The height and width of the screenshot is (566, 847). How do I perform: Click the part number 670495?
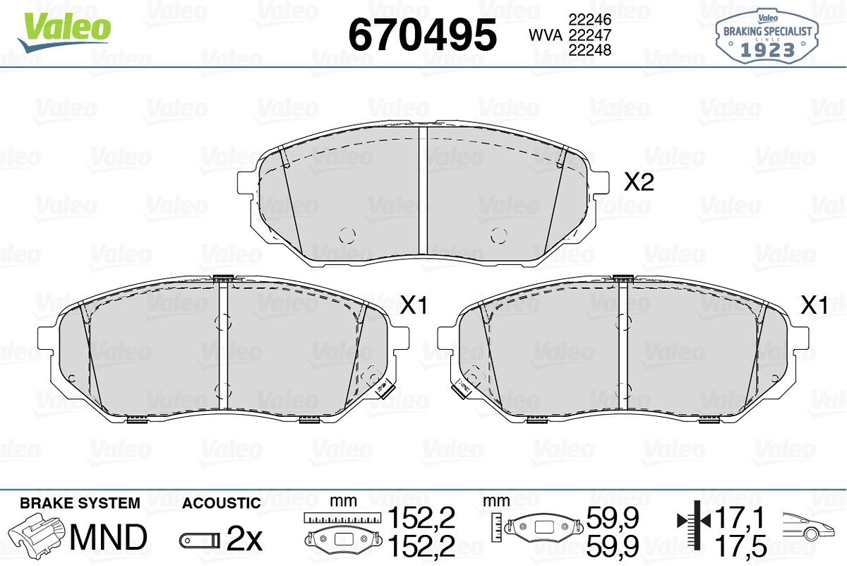(422, 35)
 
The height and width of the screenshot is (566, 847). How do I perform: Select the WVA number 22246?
(590, 20)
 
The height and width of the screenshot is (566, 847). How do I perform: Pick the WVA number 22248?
(590, 50)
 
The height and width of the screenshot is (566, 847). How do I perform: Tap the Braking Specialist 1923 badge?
(767, 37)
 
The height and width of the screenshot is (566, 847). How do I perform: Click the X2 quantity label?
(639, 182)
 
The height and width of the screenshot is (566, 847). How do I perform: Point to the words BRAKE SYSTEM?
(80, 503)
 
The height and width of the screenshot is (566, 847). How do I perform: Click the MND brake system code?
(109, 537)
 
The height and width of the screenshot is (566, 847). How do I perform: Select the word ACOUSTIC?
(222, 503)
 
